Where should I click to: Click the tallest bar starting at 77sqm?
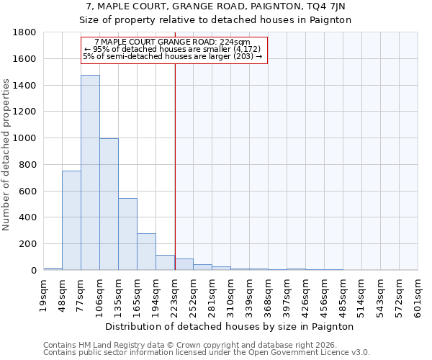90,173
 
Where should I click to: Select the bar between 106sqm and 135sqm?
109,204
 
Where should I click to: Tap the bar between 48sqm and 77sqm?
71,220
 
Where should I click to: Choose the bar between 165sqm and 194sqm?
146,252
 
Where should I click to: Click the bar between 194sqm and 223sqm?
165,263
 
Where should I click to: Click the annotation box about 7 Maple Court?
173,50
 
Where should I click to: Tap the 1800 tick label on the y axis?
24,32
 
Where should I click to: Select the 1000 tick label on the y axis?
24,138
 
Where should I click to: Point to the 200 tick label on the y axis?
27,244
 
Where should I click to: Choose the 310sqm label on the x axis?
232,293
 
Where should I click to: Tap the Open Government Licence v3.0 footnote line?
207,353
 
